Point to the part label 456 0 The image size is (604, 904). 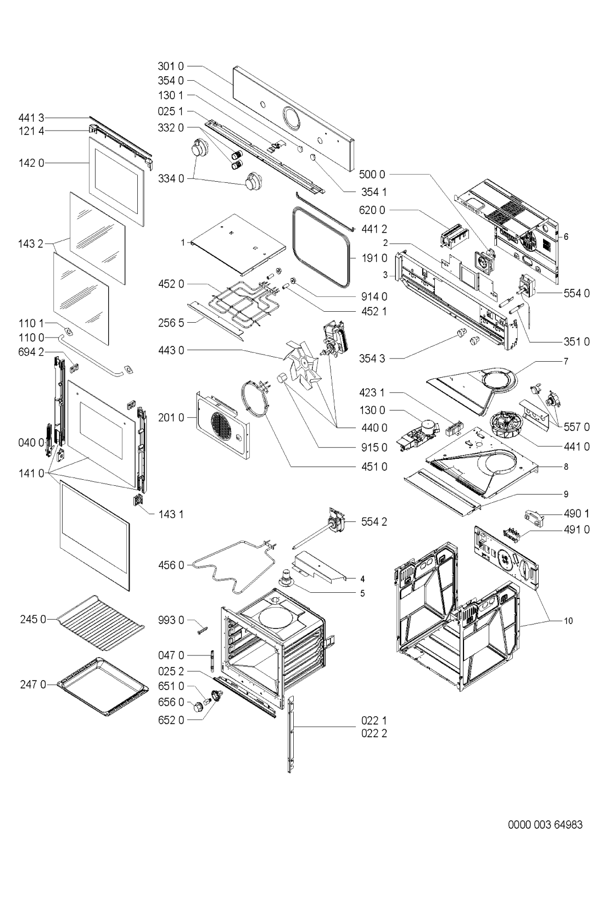coord(171,564)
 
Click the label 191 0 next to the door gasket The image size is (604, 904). coord(374,258)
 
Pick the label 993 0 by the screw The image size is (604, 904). coord(171,620)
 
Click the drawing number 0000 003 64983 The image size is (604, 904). coord(545,825)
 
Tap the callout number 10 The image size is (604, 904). coord(568,621)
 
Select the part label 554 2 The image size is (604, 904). coord(374,522)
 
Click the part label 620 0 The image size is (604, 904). coord(372,210)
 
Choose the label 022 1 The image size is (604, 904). coord(374,720)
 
